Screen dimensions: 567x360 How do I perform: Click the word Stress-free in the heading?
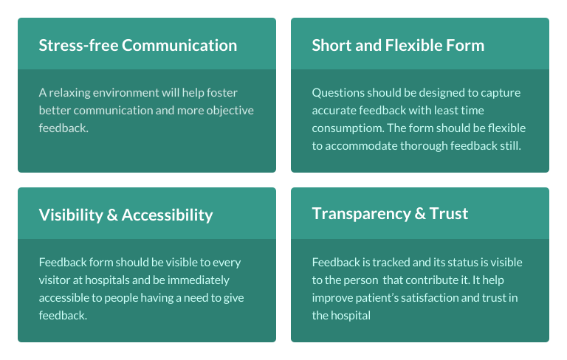click(78, 46)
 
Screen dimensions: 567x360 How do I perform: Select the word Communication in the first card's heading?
click(179, 46)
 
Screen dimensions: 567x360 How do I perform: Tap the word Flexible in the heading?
click(413, 46)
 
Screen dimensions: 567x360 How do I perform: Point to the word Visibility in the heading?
click(71, 215)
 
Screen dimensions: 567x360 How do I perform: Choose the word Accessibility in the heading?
click(167, 215)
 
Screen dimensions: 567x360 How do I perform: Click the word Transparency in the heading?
click(361, 214)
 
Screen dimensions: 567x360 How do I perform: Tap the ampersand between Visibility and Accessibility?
click(112, 215)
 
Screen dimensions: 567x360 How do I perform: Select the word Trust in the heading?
click(449, 214)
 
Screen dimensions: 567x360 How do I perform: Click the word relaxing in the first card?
click(69, 93)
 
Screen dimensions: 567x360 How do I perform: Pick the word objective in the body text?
click(230, 111)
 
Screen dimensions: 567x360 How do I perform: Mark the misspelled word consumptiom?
click(348, 128)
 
